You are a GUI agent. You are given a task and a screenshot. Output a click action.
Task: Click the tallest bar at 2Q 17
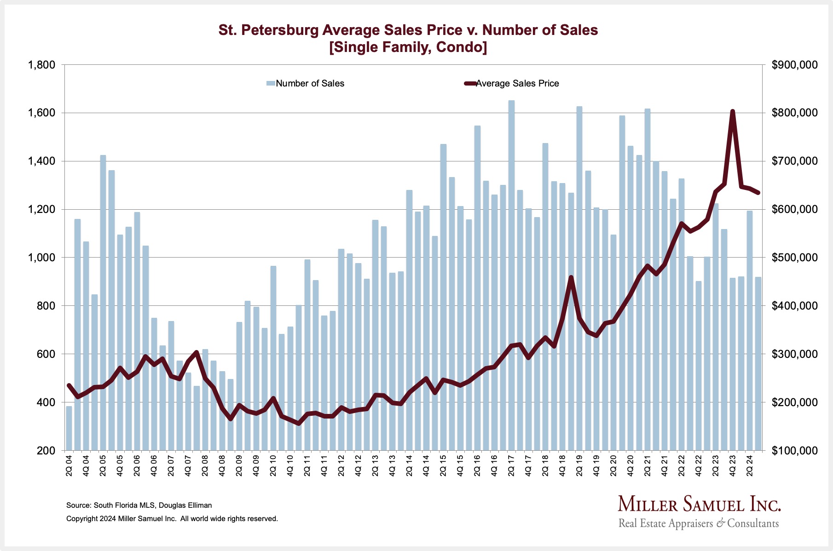point(511,276)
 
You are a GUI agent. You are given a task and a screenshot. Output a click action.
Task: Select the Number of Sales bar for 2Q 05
point(103,304)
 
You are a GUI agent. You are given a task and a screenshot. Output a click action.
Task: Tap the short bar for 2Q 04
point(69,428)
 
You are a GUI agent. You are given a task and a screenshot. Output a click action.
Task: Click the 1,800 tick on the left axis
point(41,65)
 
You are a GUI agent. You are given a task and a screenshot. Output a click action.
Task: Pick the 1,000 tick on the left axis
point(41,258)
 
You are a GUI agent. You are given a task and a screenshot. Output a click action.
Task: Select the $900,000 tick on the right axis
point(795,65)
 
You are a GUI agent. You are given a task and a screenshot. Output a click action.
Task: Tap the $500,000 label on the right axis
point(795,258)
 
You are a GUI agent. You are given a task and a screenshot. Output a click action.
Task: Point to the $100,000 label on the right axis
point(795,451)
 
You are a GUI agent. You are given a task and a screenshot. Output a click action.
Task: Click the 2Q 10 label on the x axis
point(273,465)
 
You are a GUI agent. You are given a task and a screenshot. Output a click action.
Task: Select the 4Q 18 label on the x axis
point(562,465)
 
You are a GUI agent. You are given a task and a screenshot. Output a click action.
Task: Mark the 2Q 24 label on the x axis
point(750,465)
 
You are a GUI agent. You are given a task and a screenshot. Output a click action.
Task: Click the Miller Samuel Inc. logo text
point(699,504)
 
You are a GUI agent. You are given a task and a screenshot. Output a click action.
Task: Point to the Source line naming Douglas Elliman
point(139,505)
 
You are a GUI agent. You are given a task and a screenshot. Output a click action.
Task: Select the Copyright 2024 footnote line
point(172,518)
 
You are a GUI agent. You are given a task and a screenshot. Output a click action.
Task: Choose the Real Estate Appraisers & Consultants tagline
point(699,523)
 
